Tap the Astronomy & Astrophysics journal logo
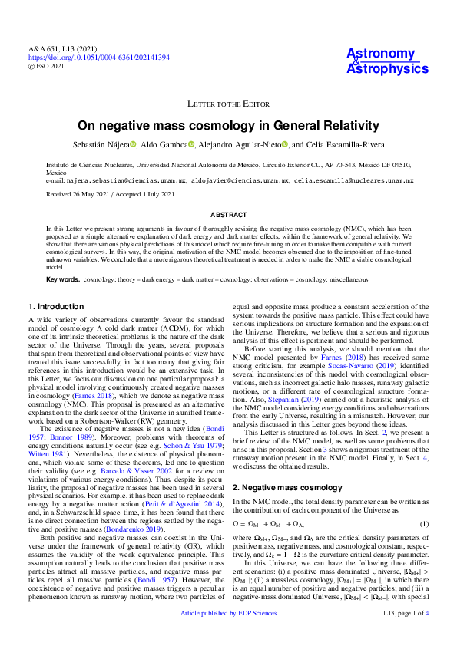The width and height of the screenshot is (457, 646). point(387,61)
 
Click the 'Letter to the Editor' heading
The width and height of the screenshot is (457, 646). point(228,103)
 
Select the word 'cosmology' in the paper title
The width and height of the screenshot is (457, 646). point(233,125)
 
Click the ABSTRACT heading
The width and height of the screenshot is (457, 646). point(228,216)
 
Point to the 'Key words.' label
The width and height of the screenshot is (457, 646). point(62,279)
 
